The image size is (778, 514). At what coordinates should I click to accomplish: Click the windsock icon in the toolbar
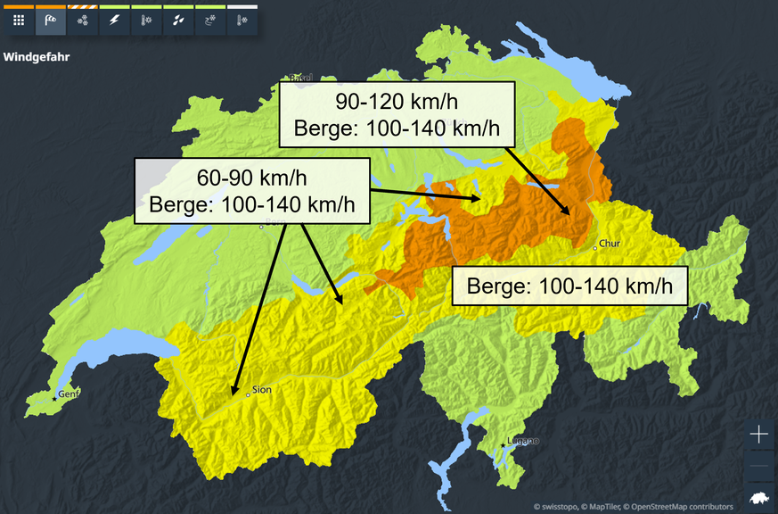point(51,21)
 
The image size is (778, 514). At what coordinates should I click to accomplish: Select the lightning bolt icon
point(114,21)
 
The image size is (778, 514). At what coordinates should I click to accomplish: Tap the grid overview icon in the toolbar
point(19,21)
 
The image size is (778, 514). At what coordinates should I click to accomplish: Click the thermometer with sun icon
point(146,21)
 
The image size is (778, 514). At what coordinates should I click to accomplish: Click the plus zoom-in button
point(758,435)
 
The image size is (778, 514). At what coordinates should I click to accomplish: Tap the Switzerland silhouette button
point(758,496)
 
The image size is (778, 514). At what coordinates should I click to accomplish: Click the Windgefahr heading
point(37,57)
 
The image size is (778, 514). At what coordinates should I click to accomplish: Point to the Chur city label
point(610,243)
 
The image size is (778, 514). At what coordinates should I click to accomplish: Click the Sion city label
point(260,389)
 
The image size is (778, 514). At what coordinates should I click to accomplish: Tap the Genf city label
point(68,394)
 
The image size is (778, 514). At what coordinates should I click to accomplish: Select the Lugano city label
point(523,440)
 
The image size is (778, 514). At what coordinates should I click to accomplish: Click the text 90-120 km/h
point(397,100)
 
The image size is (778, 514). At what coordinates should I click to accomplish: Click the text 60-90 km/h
point(251,176)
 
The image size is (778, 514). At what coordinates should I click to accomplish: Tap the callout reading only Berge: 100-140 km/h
point(569,286)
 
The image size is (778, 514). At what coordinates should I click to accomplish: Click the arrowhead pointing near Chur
point(567,212)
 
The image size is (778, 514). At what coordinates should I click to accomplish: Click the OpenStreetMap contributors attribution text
point(682,507)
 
